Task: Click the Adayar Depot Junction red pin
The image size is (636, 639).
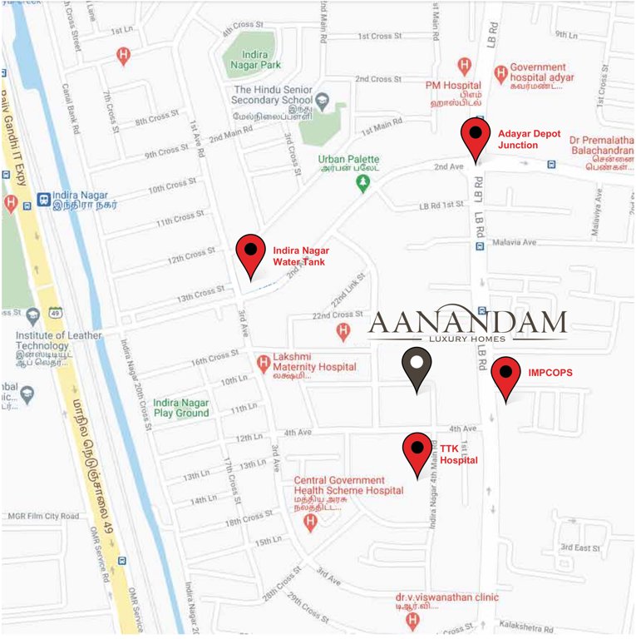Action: point(476,138)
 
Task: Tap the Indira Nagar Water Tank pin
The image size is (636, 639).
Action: point(250,255)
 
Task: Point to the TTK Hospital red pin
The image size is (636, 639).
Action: point(417,453)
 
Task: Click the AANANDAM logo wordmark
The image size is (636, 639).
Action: point(467,324)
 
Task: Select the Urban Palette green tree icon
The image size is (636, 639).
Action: point(362,181)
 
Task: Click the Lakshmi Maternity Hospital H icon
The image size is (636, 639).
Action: point(263,361)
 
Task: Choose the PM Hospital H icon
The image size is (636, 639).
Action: point(466,65)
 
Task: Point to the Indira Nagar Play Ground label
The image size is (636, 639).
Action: point(180,407)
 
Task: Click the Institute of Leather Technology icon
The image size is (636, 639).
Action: point(32,316)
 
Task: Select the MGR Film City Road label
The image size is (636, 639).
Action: point(43,517)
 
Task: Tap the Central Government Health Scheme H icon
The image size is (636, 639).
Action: point(311,522)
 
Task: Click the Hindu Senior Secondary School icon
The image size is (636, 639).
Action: point(323,101)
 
